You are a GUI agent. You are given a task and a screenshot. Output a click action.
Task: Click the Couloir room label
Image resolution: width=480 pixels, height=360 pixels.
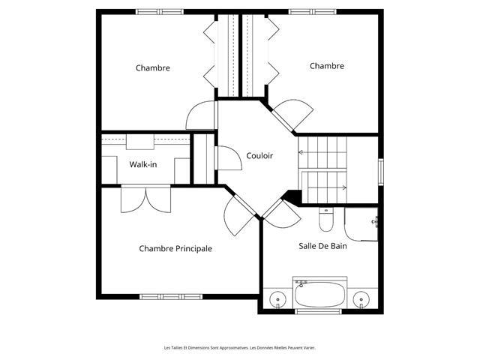click(x=259, y=156)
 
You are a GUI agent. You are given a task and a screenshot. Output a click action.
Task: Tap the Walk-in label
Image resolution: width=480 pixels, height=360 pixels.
click(x=143, y=164)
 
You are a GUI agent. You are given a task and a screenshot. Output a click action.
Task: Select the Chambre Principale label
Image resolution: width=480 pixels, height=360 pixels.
click(x=175, y=248)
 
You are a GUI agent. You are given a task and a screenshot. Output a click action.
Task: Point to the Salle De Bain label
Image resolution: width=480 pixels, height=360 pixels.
click(x=322, y=246)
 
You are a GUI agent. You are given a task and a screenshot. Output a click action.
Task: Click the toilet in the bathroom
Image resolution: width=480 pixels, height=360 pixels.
click(x=326, y=219)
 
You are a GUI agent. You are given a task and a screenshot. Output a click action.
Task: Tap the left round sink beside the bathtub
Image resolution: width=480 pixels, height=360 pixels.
click(x=278, y=298)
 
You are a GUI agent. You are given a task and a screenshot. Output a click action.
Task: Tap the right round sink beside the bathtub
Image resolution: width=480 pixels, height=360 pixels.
click(x=361, y=298)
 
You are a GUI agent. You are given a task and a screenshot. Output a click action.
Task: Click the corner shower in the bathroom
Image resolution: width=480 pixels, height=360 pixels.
click(x=361, y=224)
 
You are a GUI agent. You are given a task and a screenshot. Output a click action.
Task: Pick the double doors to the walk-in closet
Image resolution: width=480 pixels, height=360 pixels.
click(x=145, y=198)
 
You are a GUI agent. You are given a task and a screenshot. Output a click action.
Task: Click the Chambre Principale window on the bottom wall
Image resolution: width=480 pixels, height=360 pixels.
click(x=171, y=297)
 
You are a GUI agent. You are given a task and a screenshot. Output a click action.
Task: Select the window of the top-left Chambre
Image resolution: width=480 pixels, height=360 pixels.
click(x=160, y=12)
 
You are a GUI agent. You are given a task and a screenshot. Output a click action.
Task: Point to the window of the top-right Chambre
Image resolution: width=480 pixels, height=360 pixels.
click(x=313, y=12)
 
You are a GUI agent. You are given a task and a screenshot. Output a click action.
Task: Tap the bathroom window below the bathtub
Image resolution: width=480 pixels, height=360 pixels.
click(x=318, y=312)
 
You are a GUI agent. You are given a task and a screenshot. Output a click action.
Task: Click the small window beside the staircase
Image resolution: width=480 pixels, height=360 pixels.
click(x=381, y=172)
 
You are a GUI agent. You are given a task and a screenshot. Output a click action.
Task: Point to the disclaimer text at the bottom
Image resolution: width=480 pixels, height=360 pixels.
click(x=240, y=348)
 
